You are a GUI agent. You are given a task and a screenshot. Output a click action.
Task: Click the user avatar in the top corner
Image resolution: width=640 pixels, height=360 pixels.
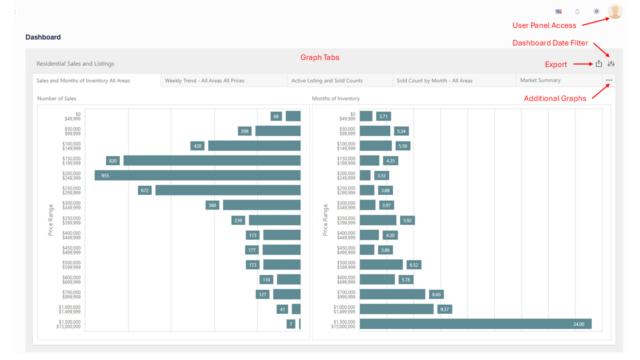[x=615, y=11]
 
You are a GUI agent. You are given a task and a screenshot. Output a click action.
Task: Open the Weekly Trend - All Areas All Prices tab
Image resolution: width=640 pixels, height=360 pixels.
[x=204, y=80]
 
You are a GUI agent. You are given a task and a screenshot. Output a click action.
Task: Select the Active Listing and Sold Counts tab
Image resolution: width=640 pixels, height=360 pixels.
[x=327, y=80]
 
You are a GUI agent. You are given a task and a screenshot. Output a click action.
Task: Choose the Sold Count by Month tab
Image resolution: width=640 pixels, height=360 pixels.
[x=434, y=80]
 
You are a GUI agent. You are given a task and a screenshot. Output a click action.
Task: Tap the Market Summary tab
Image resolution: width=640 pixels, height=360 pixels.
[x=540, y=80]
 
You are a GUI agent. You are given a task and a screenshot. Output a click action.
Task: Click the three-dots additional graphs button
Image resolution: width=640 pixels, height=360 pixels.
[x=608, y=80]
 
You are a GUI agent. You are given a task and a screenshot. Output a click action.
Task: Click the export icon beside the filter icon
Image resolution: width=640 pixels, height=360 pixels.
[x=599, y=63]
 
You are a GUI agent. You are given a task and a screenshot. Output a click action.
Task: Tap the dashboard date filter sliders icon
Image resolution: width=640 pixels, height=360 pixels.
[x=611, y=63]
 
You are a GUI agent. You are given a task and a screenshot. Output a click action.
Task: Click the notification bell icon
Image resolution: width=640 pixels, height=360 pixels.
[x=577, y=11]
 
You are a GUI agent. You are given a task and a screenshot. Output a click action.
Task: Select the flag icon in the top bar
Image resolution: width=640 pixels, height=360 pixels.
[x=558, y=11]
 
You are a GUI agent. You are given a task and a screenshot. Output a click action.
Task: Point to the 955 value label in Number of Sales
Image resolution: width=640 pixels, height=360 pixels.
[x=105, y=175]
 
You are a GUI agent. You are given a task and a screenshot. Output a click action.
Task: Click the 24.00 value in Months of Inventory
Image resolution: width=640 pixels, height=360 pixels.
[x=578, y=324]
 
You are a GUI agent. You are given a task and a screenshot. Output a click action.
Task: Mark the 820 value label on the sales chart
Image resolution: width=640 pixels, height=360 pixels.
[x=112, y=160]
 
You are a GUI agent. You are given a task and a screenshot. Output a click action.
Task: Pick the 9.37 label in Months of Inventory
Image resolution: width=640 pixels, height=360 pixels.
[x=445, y=309]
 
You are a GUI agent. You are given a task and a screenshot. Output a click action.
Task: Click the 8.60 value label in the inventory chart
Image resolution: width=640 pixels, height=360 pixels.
[x=436, y=294]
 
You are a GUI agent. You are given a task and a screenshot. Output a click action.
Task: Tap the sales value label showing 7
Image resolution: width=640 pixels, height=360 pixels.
[x=290, y=324]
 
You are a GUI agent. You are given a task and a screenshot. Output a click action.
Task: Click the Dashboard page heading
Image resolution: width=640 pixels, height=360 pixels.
[x=43, y=37]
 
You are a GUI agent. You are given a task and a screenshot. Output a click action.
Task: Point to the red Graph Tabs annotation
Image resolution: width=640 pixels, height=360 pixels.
[x=319, y=57]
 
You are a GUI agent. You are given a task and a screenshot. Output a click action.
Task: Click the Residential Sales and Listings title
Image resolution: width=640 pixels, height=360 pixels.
[x=75, y=63]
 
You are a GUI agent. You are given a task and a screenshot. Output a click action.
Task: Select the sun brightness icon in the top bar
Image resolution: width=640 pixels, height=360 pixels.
[x=596, y=11]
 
